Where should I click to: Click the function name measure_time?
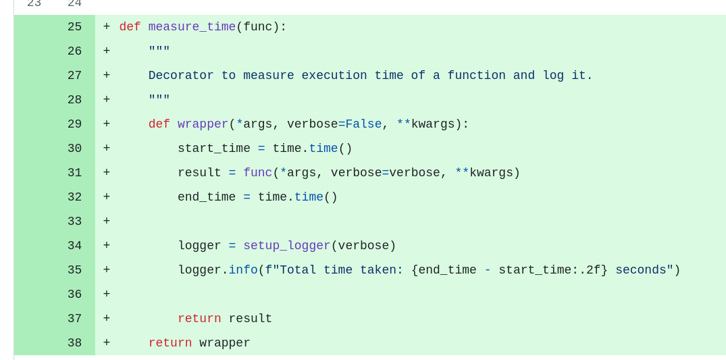pos(192,27)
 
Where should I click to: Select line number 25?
pos(74,27)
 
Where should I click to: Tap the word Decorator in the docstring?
pos(181,76)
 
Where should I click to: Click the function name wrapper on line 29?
pos(203,124)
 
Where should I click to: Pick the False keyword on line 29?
pos(363,124)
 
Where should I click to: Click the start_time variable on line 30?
pos(214,149)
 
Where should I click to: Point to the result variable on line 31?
pos(199,173)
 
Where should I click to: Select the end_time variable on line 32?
pos(207,197)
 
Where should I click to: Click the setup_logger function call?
pos(286,246)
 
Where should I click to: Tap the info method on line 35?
pos(243,270)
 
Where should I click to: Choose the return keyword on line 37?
pos(199,319)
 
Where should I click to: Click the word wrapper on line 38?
pos(225,343)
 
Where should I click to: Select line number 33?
pos(74,222)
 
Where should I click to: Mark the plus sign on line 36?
pos(107,294)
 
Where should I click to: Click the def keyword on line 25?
pos(130,27)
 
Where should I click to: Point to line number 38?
pos(74,343)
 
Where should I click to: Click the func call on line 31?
pos(257,173)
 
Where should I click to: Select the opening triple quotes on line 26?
pos(159,51)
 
